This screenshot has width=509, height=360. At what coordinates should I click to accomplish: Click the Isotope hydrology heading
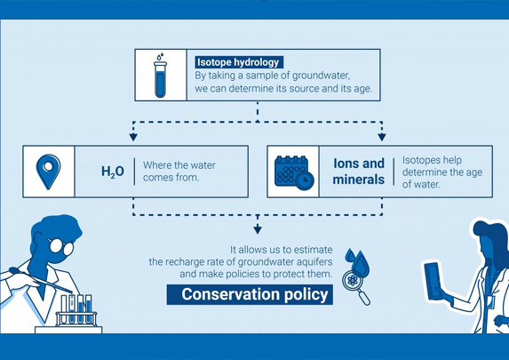[x=239, y=62]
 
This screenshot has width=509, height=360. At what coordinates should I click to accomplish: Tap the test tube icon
[x=161, y=76]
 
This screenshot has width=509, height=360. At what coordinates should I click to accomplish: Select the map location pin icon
[x=48, y=172]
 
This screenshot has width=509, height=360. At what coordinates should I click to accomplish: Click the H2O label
[x=113, y=172]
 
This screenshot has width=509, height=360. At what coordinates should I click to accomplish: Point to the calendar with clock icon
[x=294, y=172]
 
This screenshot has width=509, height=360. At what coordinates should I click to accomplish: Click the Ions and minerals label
[x=359, y=172]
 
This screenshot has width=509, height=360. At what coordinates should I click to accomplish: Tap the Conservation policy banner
[x=250, y=294]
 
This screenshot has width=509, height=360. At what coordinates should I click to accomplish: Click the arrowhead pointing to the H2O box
[x=133, y=137]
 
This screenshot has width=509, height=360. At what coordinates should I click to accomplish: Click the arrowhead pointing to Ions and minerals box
[x=382, y=137]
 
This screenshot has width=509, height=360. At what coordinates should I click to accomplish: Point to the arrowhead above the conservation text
[x=258, y=229]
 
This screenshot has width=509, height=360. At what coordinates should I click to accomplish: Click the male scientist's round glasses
[x=61, y=246]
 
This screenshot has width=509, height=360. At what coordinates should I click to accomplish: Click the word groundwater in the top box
[x=321, y=76]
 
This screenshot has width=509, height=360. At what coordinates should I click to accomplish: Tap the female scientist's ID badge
[x=491, y=302]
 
